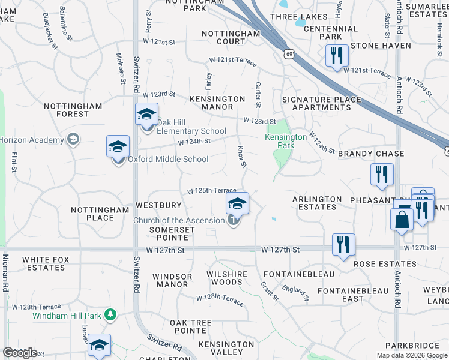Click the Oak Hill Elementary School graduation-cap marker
point(146,114)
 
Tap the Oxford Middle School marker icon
point(118,146)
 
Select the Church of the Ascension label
point(179,221)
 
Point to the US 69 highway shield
point(289,54)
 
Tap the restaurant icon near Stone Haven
point(336,56)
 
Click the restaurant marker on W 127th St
point(343,244)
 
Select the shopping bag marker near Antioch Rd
point(402,220)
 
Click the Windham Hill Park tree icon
point(110,314)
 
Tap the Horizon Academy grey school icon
point(73,140)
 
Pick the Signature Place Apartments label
point(321,104)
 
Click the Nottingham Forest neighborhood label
point(73,110)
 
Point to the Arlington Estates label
point(317,203)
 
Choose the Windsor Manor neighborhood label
point(172,280)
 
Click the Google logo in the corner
point(20,353)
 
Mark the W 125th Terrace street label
point(211,191)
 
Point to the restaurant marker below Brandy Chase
point(382,175)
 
